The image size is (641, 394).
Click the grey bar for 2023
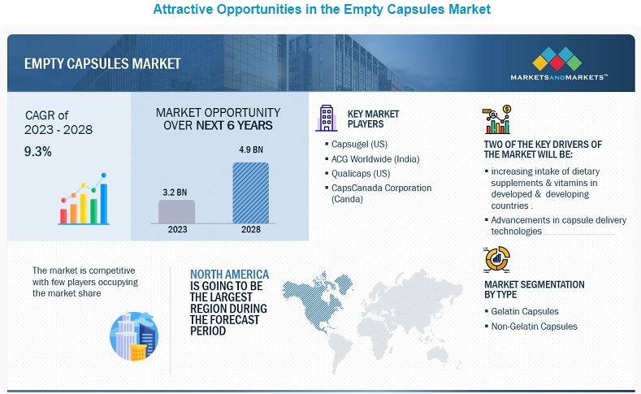pos(176,211)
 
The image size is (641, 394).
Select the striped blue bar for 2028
pos(250,193)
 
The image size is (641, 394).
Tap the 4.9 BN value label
pos(251,150)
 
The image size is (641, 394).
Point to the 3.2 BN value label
pos(175,193)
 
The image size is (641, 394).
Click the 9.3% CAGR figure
pos(37,152)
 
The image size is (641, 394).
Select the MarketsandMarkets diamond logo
pos(557,58)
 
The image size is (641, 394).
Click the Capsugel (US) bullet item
pos(359,145)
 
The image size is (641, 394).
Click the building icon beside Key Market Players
pos(327,118)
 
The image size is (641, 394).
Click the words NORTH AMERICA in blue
pos(229,275)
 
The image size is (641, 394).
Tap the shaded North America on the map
pos(314,298)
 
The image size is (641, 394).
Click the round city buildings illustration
pos(134,336)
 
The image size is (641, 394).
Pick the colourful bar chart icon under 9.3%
pos(84,199)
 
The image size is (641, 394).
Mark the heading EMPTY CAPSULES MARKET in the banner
pos(102,63)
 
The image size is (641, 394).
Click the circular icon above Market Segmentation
pos(496,259)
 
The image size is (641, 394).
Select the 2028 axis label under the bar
pos(250,229)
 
